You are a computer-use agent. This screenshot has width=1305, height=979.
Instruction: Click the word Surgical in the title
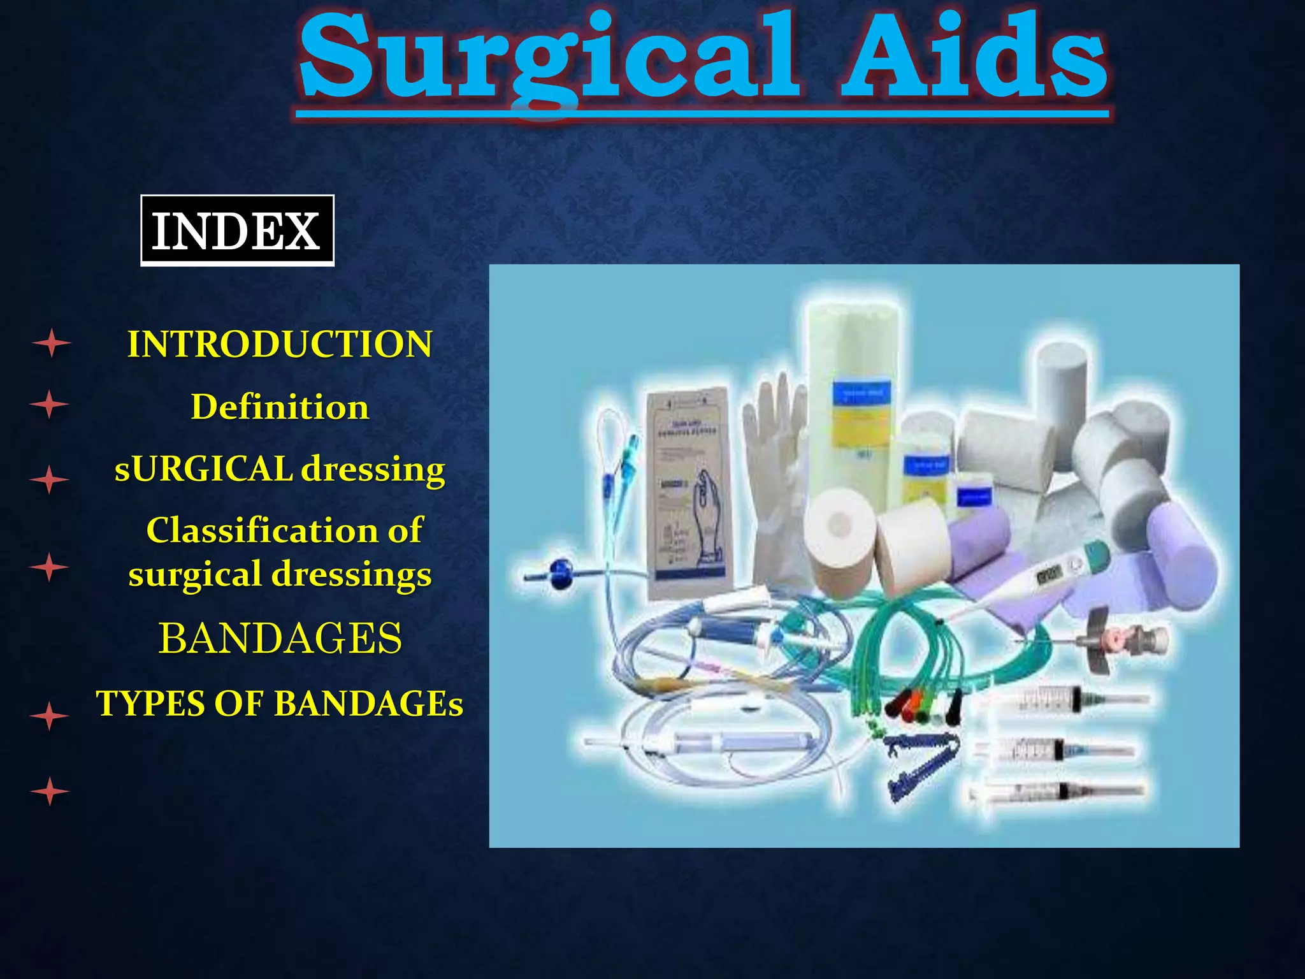(548, 61)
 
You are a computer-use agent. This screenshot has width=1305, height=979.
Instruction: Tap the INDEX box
(237, 231)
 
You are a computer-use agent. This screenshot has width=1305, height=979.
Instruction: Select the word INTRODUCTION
(280, 344)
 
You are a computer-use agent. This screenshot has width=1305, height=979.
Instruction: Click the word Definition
(280, 407)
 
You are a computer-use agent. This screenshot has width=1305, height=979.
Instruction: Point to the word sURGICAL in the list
(203, 468)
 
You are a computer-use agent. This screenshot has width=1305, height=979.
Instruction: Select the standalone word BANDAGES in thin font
(280, 638)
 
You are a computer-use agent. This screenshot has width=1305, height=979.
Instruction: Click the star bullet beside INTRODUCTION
(51, 344)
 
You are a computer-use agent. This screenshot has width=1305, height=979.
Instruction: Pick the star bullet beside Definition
(50, 404)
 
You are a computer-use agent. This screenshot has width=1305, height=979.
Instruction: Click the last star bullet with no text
(50, 791)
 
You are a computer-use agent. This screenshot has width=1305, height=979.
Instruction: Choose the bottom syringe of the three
(1058, 792)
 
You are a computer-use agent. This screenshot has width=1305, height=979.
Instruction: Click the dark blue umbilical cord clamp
(918, 765)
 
